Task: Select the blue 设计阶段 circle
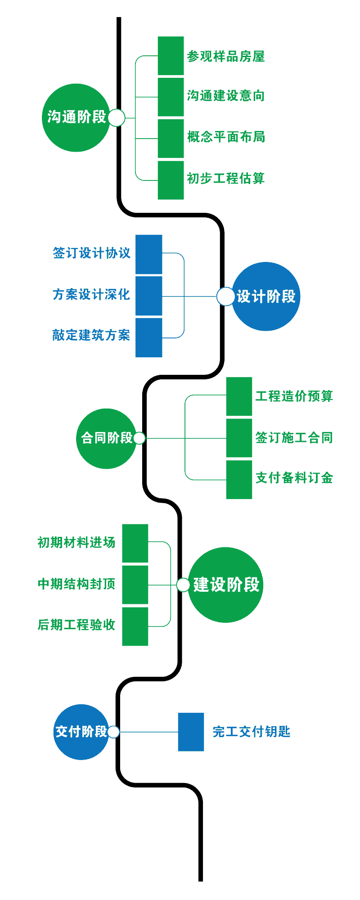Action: tap(265, 297)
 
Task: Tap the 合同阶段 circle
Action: tap(106, 438)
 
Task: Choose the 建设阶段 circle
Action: tap(225, 585)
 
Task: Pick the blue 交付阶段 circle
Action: tap(81, 732)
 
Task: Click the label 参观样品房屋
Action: tap(226, 57)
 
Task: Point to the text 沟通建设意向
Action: tap(226, 95)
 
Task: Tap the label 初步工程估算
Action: tap(226, 179)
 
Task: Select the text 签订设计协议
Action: tap(92, 253)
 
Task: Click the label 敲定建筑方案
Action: tap(91, 336)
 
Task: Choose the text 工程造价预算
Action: tap(294, 396)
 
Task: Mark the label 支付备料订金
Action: tap(294, 478)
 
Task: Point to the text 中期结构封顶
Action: tap(76, 584)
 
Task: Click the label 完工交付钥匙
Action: tap(252, 732)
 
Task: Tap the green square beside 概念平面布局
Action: tap(171, 139)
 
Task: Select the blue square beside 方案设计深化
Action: tap(149, 296)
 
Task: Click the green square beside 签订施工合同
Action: tap(239, 438)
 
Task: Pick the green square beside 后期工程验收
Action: tap(135, 626)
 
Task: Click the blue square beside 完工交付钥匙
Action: tap(191, 732)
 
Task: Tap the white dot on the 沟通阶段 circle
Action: tap(117, 118)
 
